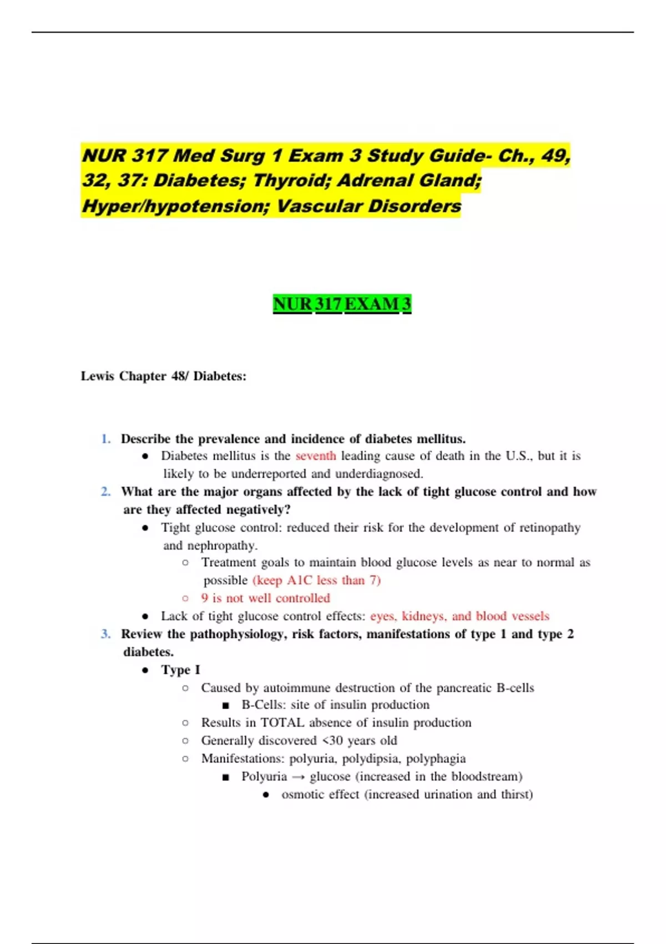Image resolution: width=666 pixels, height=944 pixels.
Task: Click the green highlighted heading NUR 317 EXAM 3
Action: click(x=342, y=304)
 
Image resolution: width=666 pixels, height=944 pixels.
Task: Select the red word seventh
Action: click(x=315, y=456)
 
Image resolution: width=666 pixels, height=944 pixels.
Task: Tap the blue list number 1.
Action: click(x=105, y=439)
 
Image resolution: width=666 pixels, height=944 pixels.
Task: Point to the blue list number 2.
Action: click(x=105, y=491)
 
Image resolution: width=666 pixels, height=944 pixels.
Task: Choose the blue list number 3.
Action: click(x=105, y=634)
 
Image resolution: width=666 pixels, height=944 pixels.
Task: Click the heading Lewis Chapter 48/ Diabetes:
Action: click(x=163, y=376)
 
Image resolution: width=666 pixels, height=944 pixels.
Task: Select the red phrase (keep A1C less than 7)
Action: click(x=316, y=580)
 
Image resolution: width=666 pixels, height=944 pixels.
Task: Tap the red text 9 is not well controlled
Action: click(x=265, y=598)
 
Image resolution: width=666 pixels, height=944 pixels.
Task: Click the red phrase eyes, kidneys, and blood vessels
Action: click(x=460, y=616)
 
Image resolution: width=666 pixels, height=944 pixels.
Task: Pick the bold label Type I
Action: click(x=180, y=670)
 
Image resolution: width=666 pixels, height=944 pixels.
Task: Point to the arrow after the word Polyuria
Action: click(x=298, y=777)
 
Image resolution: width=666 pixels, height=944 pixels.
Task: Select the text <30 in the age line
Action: click(x=332, y=741)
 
